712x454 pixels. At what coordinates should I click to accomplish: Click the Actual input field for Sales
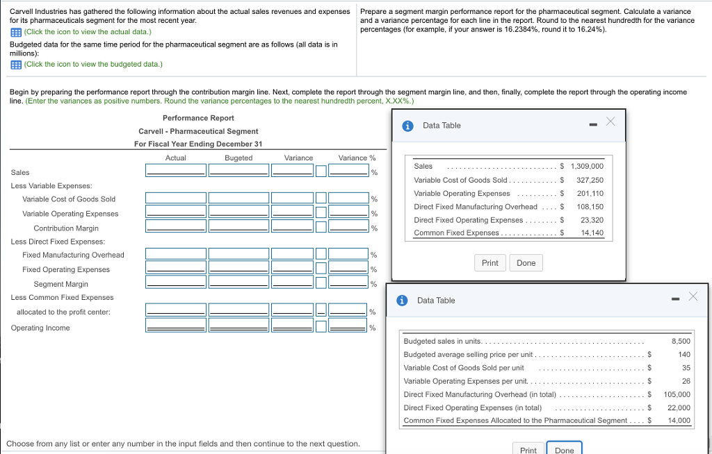[x=175, y=170]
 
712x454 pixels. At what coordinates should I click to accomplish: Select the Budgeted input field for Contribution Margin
[x=238, y=226]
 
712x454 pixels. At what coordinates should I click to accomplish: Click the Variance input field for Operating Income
[x=291, y=326]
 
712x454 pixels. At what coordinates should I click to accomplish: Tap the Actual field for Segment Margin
[x=175, y=282]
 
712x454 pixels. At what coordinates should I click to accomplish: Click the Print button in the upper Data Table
[x=489, y=263]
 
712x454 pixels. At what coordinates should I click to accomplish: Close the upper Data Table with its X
[x=610, y=121]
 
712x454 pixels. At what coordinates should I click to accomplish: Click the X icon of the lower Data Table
[x=693, y=296]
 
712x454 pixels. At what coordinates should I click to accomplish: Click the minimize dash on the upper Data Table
[x=592, y=126]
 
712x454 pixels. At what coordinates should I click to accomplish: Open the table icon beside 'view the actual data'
[x=15, y=32]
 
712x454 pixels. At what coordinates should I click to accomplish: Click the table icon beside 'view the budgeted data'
[x=15, y=64]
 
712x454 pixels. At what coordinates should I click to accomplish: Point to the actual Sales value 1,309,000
[x=587, y=166]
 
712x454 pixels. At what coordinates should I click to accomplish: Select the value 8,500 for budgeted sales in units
[x=681, y=341]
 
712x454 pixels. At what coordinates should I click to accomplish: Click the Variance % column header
[x=357, y=158]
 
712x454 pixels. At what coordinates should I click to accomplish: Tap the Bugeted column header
[x=238, y=158]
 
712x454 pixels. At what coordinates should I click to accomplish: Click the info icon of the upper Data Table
[x=407, y=126]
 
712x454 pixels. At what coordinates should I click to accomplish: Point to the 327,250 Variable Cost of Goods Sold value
[x=590, y=180]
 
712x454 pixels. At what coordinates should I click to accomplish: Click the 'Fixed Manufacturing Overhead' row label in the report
[x=73, y=255]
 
